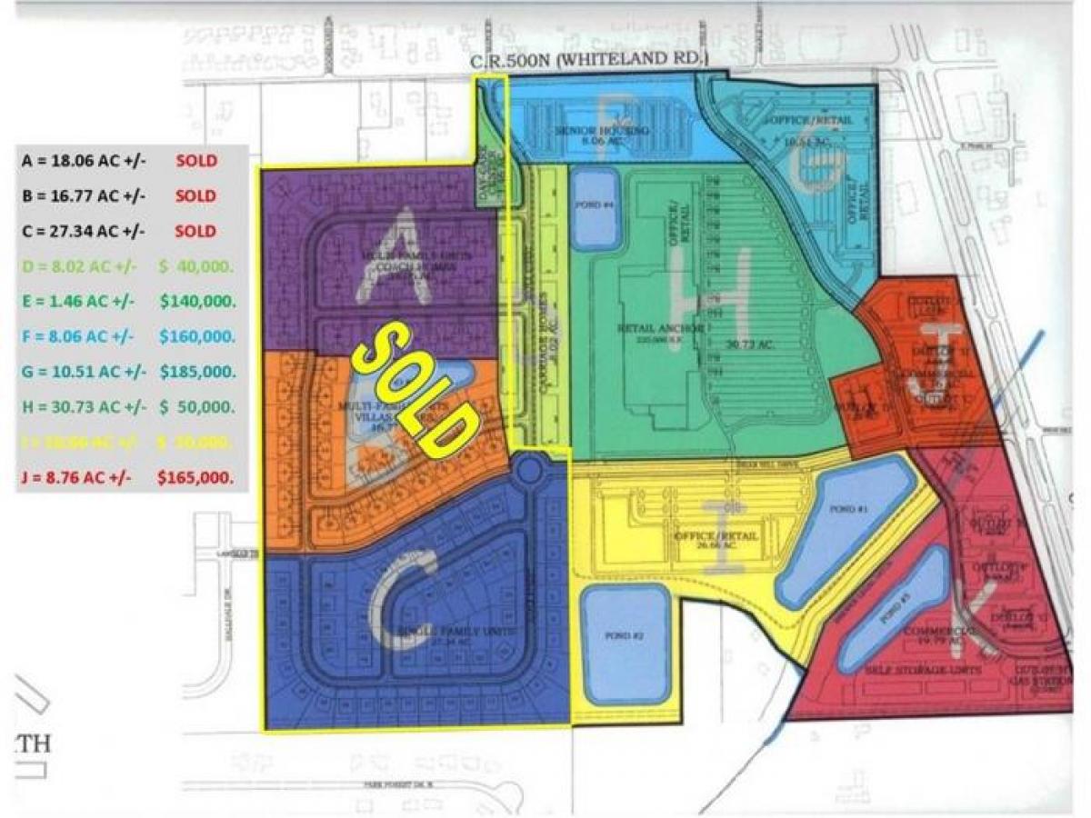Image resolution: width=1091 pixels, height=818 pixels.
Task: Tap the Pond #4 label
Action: coord(596,204)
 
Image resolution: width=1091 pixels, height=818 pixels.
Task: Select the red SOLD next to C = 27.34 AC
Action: coord(196,231)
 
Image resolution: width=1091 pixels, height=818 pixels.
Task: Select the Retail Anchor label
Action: coord(661,329)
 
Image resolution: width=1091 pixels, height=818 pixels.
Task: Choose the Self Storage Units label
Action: coord(919,669)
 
